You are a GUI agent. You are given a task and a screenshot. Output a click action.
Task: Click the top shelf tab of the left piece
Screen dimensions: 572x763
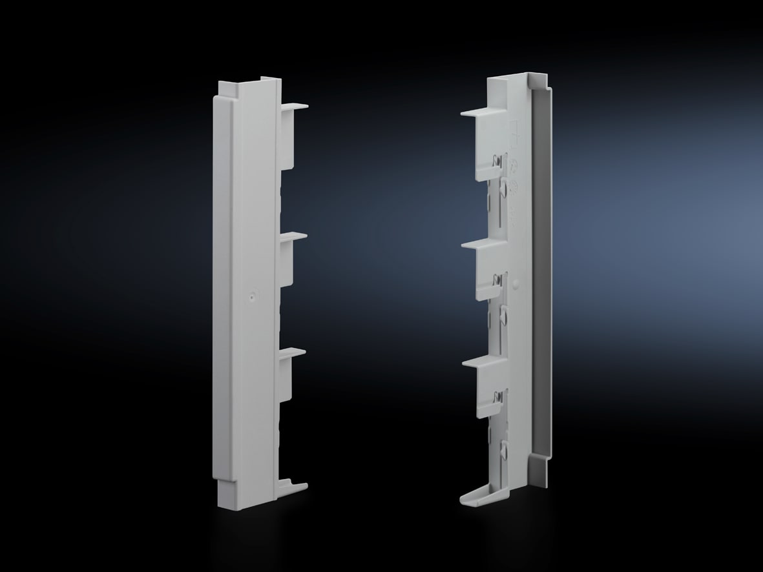pyautogui.click(x=295, y=107)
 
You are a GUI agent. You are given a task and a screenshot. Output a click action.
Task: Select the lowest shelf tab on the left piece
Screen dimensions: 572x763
pyautogui.click(x=292, y=352)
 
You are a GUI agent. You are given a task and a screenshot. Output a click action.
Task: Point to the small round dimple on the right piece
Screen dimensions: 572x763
pyautogui.click(x=515, y=283)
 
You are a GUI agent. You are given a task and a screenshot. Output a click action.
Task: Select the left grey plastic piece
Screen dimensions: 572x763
pyautogui.click(x=249, y=291)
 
